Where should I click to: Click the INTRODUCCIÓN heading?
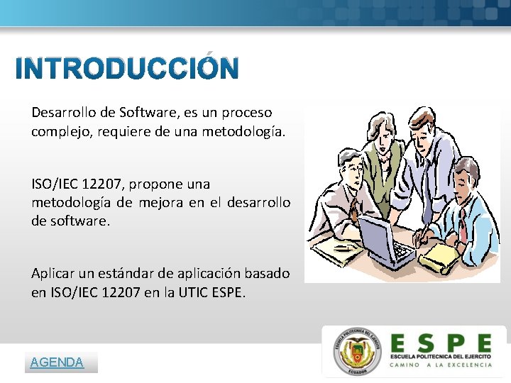point(127,69)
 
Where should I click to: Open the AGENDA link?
point(57,362)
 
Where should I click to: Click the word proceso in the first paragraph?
point(247,112)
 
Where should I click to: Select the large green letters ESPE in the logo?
point(440,343)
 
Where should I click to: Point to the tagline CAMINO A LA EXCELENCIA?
point(440,365)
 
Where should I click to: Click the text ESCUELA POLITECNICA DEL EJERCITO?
point(440,355)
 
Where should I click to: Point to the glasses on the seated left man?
point(353,169)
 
